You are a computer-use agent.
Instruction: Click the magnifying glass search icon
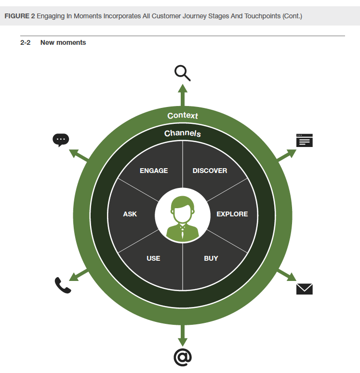click(x=182, y=73)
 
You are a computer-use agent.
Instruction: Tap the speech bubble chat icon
click(x=61, y=140)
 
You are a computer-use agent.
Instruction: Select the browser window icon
click(x=304, y=140)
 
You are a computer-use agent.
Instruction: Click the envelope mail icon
click(x=304, y=289)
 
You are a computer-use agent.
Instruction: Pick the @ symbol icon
click(x=183, y=357)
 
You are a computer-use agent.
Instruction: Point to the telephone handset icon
click(x=63, y=285)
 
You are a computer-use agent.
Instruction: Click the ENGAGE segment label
click(x=154, y=171)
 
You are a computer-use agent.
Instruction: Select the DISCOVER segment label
click(x=210, y=171)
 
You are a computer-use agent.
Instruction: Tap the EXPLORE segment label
click(x=232, y=214)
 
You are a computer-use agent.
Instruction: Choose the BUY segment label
click(x=211, y=258)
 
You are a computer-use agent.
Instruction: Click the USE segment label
click(x=153, y=258)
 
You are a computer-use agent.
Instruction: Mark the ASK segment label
click(x=130, y=214)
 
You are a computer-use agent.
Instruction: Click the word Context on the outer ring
click(x=183, y=116)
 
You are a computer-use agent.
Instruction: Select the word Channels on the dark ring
click(x=183, y=133)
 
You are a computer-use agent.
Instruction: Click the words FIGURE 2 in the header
click(x=19, y=16)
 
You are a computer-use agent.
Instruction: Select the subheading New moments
click(x=63, y=42)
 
